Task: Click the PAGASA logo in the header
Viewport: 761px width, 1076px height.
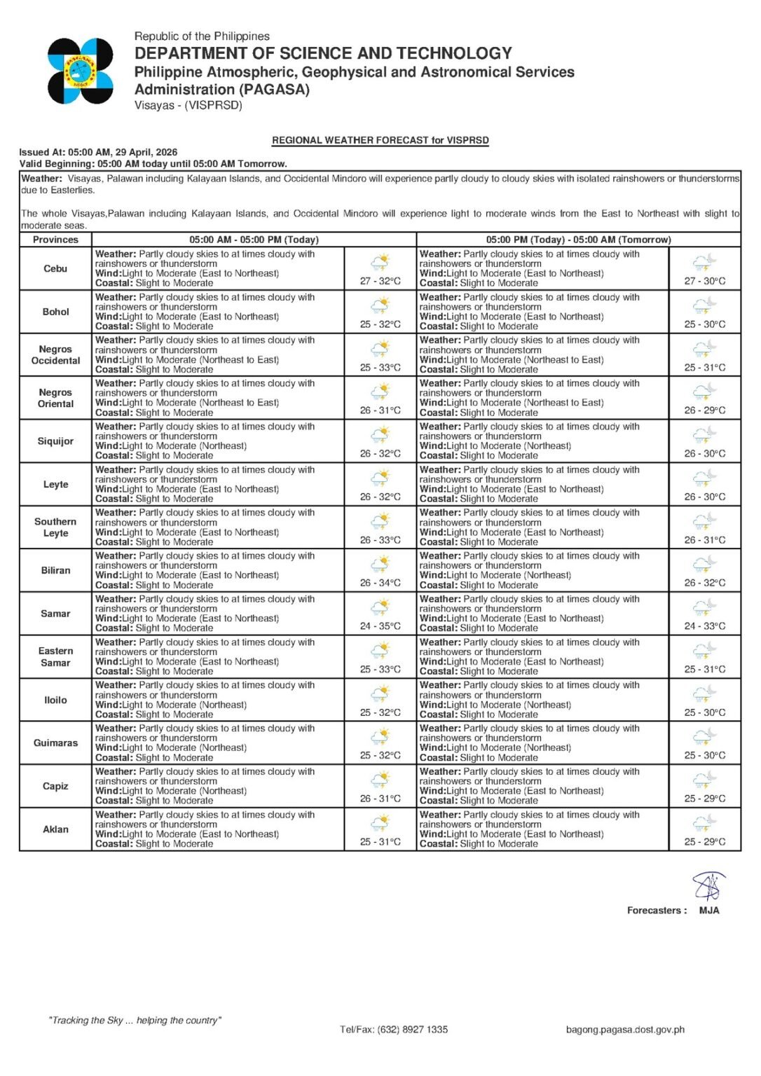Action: (80, 71)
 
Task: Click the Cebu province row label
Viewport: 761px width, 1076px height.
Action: (55, 268)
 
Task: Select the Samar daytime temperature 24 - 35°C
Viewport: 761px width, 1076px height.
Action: (380, 626)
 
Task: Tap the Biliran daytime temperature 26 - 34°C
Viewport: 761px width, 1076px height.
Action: (380, 583)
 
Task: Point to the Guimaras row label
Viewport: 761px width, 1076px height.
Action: (55, 743)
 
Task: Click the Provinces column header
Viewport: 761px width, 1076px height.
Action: (55, 240)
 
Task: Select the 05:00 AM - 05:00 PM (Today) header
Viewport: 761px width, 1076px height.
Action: (254, 240)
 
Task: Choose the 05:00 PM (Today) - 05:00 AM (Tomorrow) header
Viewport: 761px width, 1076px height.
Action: (578, 240)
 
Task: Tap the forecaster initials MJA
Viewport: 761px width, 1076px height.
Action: (709, 911)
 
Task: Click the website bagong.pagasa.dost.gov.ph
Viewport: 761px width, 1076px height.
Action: (625, 1030)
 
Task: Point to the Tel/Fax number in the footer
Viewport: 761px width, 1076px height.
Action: (394, 1030)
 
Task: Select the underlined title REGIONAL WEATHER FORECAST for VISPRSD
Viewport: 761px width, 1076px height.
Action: (380, 140)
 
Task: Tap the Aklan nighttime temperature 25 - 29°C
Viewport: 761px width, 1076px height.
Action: (705, 842)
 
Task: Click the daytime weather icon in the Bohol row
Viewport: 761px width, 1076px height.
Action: (380, 305)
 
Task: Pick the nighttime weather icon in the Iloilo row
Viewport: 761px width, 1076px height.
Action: (705, 694)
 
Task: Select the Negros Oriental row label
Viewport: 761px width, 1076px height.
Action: (55, 398)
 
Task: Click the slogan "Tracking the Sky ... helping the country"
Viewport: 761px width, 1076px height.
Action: (135, 1021)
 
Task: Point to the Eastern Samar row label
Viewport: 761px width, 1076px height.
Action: (55, 656)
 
